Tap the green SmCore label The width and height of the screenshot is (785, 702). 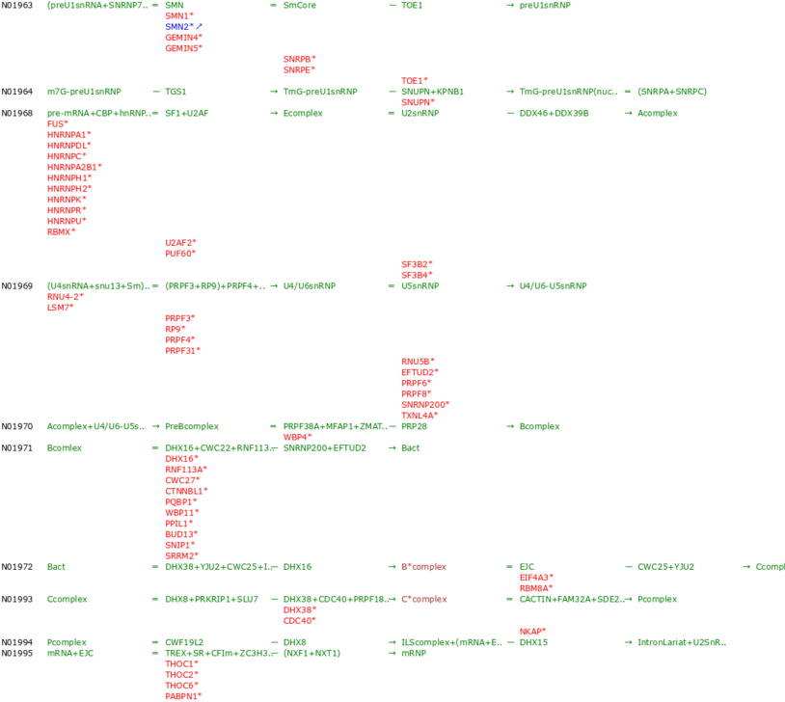pos(299,5)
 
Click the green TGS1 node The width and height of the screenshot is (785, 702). pos(176,92)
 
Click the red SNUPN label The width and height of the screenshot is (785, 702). pos(418,101)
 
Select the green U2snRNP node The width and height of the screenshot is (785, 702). pos(420,113)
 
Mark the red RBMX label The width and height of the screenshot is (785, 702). pos(61,231)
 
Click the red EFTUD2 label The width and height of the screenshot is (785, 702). pos(420,371)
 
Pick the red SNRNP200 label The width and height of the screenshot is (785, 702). pos(425,404)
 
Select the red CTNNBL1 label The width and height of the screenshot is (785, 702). pos(186,491)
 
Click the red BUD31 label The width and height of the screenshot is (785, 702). pos(182,533)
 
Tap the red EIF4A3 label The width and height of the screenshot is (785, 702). pos(536,577)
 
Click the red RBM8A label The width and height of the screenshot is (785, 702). pos(536,587)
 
